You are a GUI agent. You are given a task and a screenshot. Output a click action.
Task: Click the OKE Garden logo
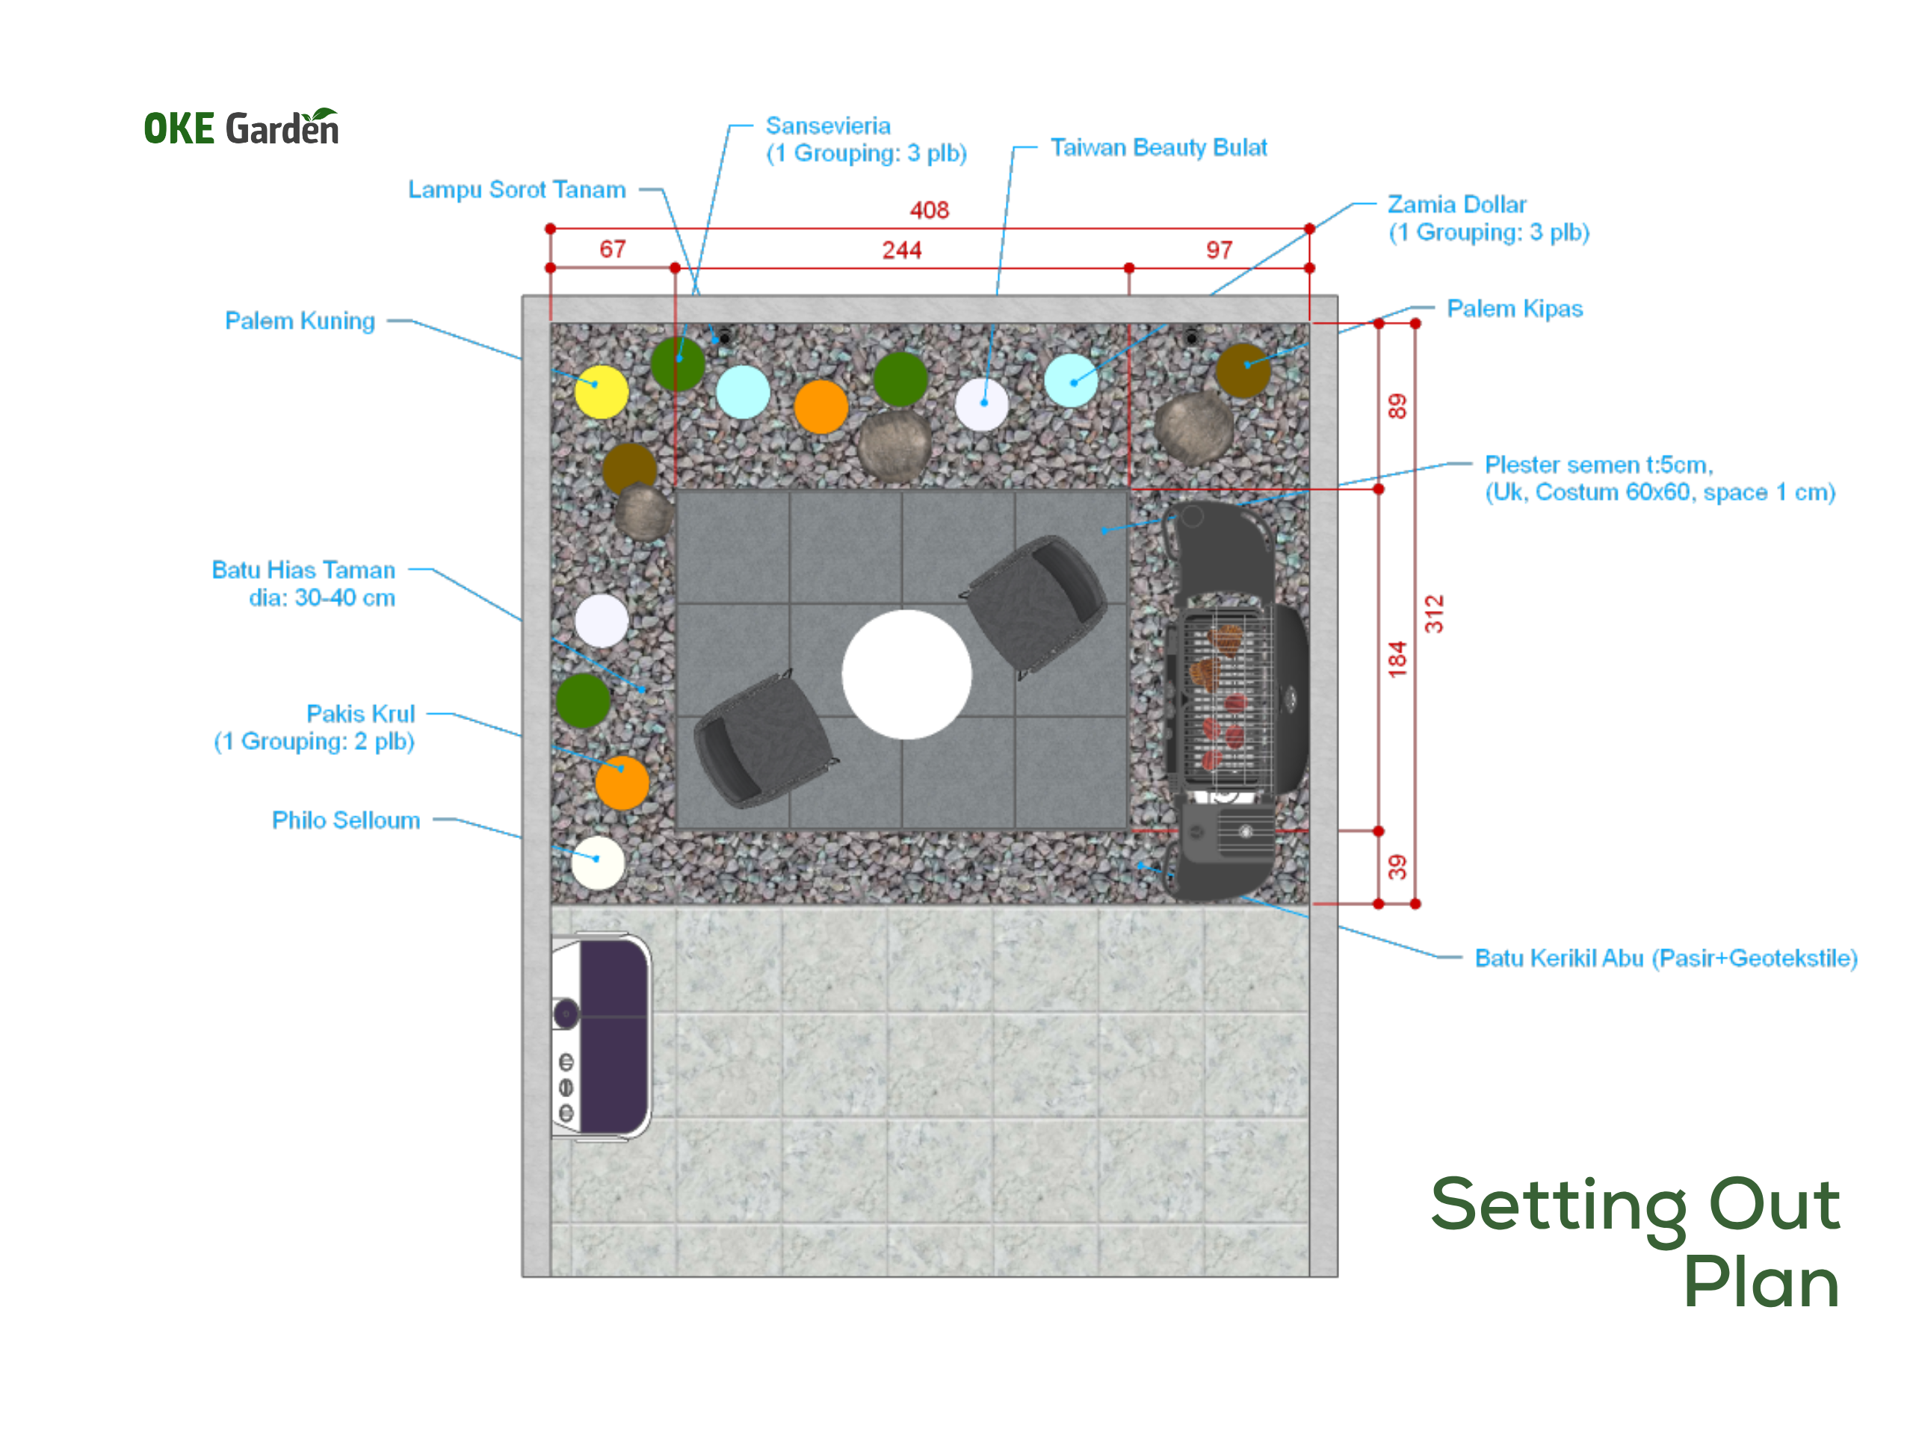(241, 127)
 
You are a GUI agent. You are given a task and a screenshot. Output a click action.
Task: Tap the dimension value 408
(929, 210)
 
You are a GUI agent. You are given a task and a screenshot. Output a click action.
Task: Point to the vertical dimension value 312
(1434, 614)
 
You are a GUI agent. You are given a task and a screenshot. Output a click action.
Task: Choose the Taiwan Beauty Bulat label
(1158, 148)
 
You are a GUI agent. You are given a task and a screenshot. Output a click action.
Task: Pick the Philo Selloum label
(346, 819)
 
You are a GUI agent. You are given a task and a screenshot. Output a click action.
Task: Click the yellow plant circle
(601, 391)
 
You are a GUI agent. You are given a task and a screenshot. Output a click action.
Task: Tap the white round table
(906, 674)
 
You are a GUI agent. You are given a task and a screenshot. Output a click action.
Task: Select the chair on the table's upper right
(1034, 605)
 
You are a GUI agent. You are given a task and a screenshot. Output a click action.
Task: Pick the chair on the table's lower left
(764, 741)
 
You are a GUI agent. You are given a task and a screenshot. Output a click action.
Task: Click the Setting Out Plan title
(1634, 1241)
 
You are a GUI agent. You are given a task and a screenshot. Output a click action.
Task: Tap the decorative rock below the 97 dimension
(1194, 428)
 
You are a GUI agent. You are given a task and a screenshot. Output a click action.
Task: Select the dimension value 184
(1397, 659)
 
